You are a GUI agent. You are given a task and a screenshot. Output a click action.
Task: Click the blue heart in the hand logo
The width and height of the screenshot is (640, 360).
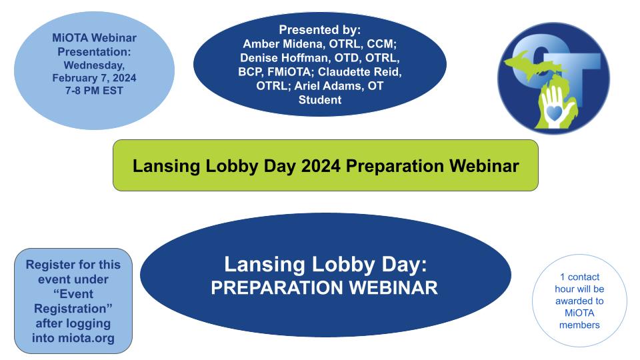pyautogui.click(x=554, y=112)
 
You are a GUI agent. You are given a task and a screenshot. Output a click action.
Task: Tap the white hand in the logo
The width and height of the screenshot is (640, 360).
pyautogui.click(x=554, y=107)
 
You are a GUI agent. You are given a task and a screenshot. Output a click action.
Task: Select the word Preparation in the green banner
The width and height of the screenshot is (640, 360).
pyautogui.click(x=395, y=167)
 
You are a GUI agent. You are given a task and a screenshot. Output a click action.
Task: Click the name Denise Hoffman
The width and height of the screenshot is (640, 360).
pyautogui.click(x=284, y=57)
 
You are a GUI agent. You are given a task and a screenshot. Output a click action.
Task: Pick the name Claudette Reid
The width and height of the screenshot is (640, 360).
pyautogui.click(x=359, y=72)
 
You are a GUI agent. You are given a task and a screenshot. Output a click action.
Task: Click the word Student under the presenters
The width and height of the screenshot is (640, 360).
pyautogui.click(x=320, y=99)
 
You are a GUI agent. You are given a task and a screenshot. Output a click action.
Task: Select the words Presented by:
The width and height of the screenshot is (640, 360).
pyautogui.click(x=320, y=30)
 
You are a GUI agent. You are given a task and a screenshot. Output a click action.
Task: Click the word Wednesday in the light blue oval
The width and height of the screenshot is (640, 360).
pyautogui.click(x=94, y=65)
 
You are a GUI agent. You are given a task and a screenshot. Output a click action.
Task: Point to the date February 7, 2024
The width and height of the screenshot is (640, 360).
pyautogui.click(x=94, y=78)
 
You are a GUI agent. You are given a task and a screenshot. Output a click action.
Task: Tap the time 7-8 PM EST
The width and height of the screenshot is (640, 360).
pyautogui.click(x=94, y=91)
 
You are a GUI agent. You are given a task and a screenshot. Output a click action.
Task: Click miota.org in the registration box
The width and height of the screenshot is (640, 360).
pyautogui.click(x=86, y=338)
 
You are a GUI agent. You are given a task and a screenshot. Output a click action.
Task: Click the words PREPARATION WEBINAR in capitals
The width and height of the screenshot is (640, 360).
pyautogui.click(x=325, y=288)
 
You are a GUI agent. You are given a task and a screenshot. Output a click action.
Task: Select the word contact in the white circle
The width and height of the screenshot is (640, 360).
pyautogui.click(x=584, y=277)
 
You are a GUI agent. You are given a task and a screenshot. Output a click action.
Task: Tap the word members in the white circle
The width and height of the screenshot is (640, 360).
pyautogui.click(x=579, y=325)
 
